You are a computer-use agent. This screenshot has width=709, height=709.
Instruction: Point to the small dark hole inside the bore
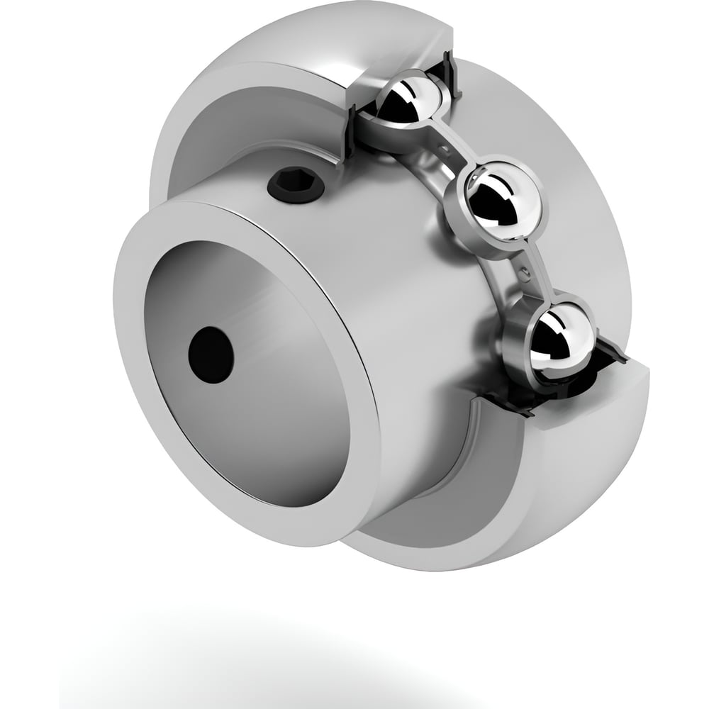pos(211,352)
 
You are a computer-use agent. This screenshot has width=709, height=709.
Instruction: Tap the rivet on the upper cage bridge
pos(444,147)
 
